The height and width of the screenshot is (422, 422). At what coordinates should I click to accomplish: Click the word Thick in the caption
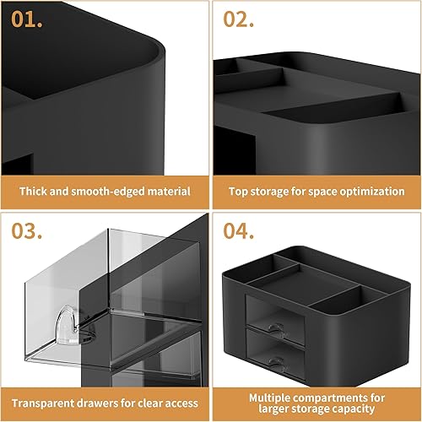(35, 191)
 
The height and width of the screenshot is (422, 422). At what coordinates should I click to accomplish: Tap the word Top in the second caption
(239, 191)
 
